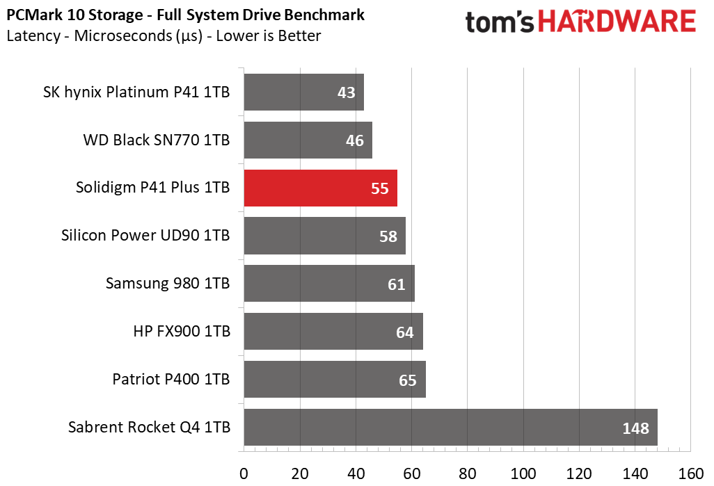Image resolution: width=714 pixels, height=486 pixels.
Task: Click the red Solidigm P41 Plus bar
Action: click(x=321, y=188)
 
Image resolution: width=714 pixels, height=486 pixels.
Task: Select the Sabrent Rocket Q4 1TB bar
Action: click(x=451, y=428)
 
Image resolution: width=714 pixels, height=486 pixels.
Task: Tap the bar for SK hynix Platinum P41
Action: click(x=303, y=92)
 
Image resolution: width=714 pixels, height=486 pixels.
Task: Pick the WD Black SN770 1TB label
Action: click(x=156, y=140)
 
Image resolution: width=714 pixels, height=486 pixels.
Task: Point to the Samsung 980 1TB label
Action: click(x=168, y=283)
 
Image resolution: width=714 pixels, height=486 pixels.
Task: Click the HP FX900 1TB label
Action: click(x=182, y=331)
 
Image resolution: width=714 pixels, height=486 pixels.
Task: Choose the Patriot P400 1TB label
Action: click(x=171, y=379)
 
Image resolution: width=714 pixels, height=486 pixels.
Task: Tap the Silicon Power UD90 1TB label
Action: click(x=145, y=235)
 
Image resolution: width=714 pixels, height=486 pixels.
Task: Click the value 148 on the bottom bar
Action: click(x=635, y=428)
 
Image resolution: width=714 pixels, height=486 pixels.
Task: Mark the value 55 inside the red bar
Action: click(x=380, y=188)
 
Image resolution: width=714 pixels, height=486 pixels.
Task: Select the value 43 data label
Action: click(x=346, y=93)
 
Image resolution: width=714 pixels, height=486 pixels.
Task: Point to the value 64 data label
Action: click(x=405, y=332)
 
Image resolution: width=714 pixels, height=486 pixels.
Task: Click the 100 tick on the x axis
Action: click(x=523, y=473)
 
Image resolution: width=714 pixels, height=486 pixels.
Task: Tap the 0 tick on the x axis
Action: click(x=244, y=473)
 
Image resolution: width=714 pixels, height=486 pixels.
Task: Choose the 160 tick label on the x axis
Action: click(x=691, y=473)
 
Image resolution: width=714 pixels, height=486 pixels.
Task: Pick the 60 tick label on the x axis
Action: click(x=412, y=473)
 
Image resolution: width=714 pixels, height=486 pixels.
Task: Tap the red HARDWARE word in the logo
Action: click(x=617, y=22)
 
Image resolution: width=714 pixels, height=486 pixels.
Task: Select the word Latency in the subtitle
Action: click(x=33, y=36)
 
